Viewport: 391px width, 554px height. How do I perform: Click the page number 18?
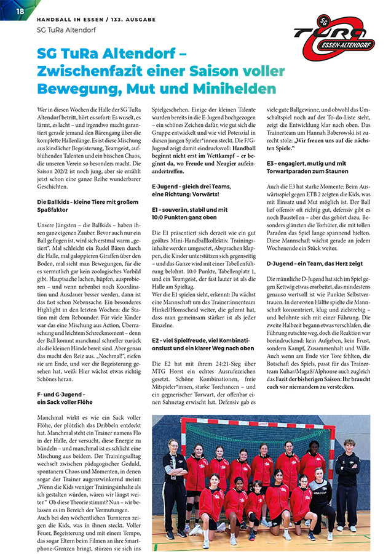(20, 11)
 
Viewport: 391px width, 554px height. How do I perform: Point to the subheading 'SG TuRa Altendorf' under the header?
(66, 30)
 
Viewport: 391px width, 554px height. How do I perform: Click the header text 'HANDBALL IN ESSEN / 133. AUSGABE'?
(97, 20)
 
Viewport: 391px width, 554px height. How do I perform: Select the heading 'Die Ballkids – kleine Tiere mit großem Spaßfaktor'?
(85, 206)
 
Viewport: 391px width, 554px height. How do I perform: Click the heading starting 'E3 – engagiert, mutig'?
(306, 167)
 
